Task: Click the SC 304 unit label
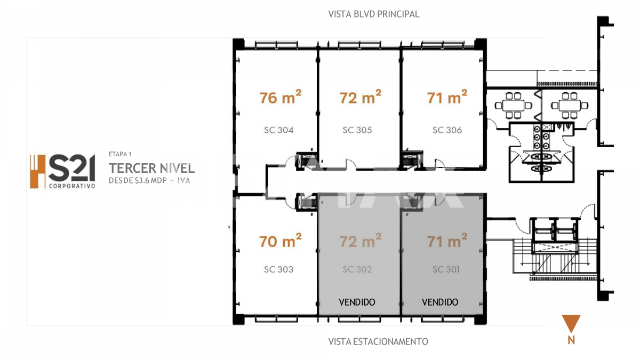click(x=278, y=130)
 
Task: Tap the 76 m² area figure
click(x=281, y=97)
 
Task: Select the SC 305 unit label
click(x=357, y=130)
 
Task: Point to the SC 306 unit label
click(x=447, y=130)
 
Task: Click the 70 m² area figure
click(x=281, y=241)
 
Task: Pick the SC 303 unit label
click(x=278, y=269)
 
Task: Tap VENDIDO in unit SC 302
click(x=357, y=302)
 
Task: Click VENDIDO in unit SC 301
click(x=440, y=302)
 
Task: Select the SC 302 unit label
click(x=357, y=269)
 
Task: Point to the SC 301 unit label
click(x=446, y=269)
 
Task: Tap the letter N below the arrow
click(x=571, y=340)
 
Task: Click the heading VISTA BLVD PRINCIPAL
click(x=374, y=14)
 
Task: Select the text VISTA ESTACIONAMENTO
click(x=378, y=341)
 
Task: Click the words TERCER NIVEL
click(x=151, y=169)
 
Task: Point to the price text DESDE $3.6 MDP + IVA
click(x=149, y=181)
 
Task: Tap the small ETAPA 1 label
click(x=119, y=154)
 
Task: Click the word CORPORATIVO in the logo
click(x=72, y=186)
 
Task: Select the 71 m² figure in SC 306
click(x=447, y=97)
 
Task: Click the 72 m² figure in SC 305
click(x=361, y=97)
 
